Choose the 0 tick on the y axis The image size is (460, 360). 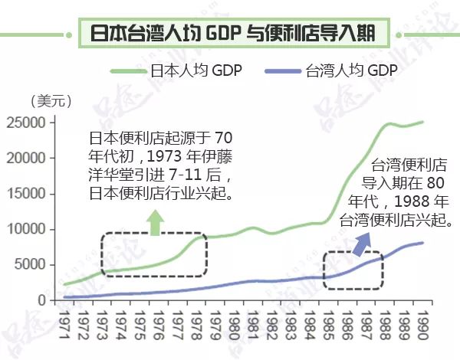click(x=44, y=300)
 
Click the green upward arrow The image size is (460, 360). click(x=155, y=222)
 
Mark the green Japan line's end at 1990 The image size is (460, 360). click(x=422, y=122)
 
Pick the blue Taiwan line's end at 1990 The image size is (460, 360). click(x=422, y=243)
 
